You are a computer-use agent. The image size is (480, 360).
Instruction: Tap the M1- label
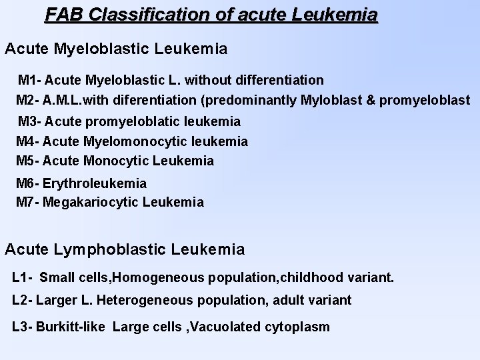pyautogui.click(x=30, y=81)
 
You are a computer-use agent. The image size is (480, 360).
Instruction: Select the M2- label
pyautogui.click(x=29, y=101)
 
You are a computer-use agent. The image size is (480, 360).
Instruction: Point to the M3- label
pyautogui.click(x=30, y=122)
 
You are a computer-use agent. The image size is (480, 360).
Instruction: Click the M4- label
pyautogui.click(x=29, y=141)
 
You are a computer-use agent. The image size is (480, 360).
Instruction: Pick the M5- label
pyautogui.click(x=29, y=161)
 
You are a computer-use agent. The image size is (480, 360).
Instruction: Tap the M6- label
pyautogui.click(x=29, y=183)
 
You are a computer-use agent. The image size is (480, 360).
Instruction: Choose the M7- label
pyautogui.click(x=29, y=202)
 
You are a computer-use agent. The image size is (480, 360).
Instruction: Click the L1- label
pyautogui.click(x=23, y=277)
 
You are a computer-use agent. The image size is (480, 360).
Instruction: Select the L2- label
pyautogui.click(x=23, y=301)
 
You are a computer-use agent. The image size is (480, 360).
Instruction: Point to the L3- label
pyautogui.click(x=23, y=327)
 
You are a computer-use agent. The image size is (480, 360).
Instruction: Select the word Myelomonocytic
pyautogui.click(x=136, y=141)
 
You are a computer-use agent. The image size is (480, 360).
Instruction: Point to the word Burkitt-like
pyautogui.click(x=71, y=327)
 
